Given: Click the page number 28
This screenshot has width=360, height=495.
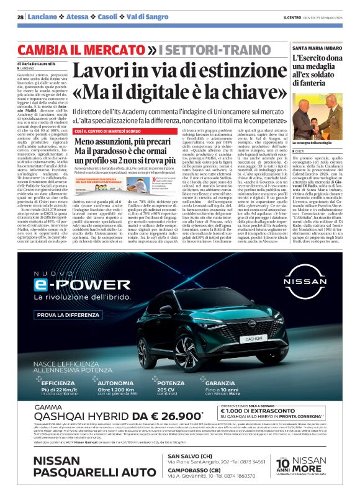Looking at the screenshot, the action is coord(20,17).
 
